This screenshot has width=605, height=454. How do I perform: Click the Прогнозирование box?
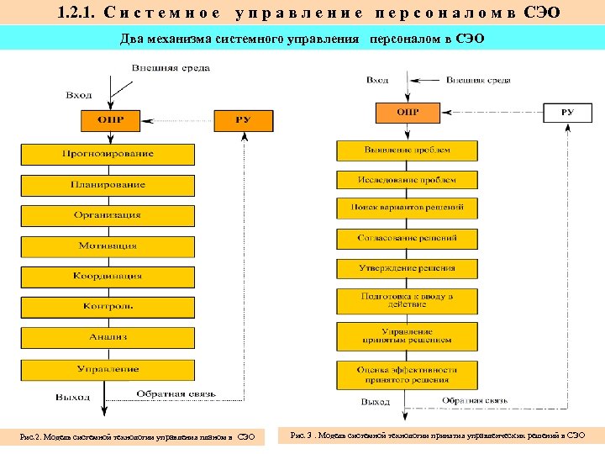click(108, 154)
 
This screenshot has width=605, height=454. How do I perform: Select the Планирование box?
click(108, 185)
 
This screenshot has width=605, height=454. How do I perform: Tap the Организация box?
click(108, 215)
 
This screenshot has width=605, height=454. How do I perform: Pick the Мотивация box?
click(108, 246)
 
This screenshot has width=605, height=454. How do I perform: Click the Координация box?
click(108, 277)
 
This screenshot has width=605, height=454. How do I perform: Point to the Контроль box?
click(108, 307)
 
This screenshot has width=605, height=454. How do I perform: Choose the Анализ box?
click(108, 337)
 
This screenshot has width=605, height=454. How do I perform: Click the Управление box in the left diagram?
click(108, 369)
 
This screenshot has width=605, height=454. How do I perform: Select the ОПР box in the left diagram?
click(110, 120)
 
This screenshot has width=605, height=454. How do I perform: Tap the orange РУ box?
click(244, 120)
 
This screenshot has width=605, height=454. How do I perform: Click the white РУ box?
click(567, 113)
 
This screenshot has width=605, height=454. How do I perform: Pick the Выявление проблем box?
click(407, 150)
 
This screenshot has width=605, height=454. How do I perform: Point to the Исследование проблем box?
click(407, 180)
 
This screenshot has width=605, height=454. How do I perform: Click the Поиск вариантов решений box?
click(407, 207)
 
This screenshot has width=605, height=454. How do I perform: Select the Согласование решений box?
click(407, 239)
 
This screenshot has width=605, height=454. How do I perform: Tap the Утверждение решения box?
click(407, 269)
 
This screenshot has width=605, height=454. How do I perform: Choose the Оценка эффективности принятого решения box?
click(407, 374)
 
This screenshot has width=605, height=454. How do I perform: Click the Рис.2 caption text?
click(138, 436)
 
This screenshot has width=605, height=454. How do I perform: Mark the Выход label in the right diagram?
click(376, 403)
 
